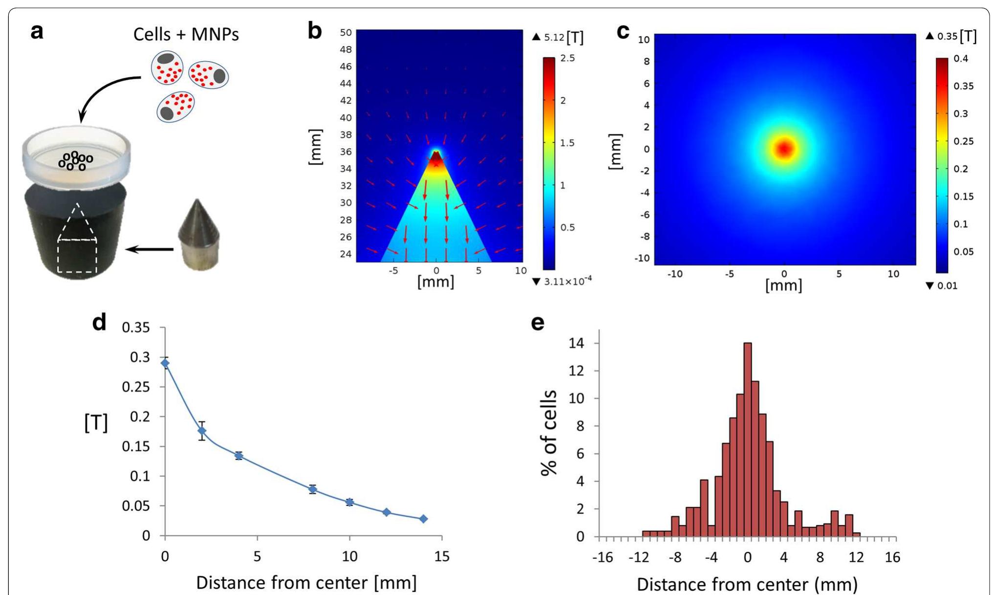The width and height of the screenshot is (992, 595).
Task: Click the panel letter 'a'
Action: click(37, 32)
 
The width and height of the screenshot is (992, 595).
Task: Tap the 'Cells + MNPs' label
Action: click(186, 34)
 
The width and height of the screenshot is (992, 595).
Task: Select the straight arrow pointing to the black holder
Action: click(150, 249)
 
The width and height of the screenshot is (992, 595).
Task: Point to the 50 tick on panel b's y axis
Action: click(345, 33)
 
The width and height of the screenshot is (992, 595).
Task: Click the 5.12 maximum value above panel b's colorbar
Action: click(554, 37)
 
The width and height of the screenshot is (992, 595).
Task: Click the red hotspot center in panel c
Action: click(784, 149)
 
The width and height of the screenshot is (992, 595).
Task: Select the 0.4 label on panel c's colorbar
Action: click(960, 59)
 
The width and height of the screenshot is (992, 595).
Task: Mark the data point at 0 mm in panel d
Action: click(165, 363)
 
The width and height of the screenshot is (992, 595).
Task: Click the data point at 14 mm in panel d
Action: click(423, 519)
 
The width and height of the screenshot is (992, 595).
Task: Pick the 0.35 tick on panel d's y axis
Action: click(136, 328)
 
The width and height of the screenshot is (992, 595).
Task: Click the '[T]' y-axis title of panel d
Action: click(96, 422)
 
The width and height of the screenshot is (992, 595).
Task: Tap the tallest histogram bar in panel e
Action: click(747, 440)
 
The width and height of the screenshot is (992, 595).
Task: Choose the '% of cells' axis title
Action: click(549, 433)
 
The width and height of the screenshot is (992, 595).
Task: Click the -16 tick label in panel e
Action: click(602, 557)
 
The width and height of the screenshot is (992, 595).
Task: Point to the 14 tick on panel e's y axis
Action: click(577, 343)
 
